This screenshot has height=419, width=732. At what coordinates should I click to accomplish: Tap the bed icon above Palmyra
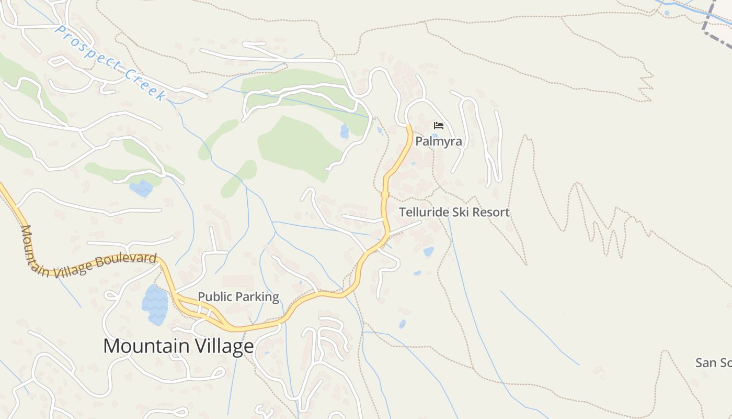pyautogui.click(x=438, y=126)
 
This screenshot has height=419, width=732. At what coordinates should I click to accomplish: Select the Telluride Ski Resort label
pyautogui.click(x=454, y=212)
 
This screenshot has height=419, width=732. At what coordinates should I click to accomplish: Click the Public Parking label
pyautogui.click(x=238, y=297)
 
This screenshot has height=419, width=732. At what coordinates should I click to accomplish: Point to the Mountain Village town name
pyautogui.click(x=178, y=346)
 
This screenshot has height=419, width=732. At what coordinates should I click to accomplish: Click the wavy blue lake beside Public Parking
pyautogui.click(x=155, y=304)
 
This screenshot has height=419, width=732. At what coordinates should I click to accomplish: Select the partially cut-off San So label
pyautogui.click(x=713, y=362)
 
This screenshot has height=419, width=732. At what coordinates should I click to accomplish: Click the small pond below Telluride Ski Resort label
pyautogui.click(x=428, y=252)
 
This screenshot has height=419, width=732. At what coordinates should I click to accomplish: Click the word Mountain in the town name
pyautogui.click(x=140, y=346)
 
